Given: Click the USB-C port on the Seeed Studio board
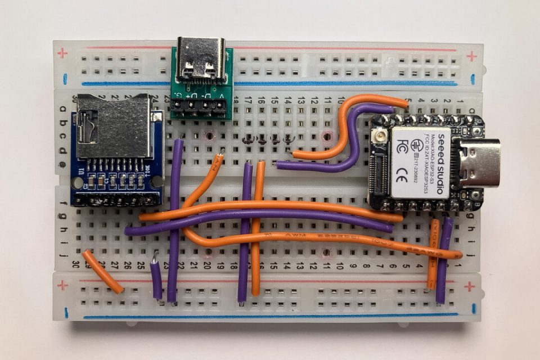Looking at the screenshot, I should (x=478, y=163).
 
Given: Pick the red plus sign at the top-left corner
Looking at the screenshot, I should (x=62, y=54).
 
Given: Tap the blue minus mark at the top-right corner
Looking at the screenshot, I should (x=473, y=79).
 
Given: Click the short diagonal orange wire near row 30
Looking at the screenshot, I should (x=102, y=272).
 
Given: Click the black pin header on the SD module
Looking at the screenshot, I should (x=115, y=200).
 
